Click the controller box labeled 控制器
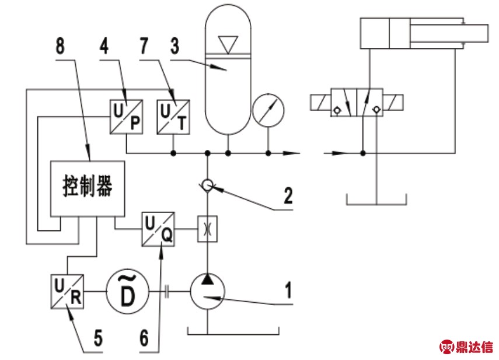pos(87,188)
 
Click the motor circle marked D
pos(127,290)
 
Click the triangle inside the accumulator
pos(228,43)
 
